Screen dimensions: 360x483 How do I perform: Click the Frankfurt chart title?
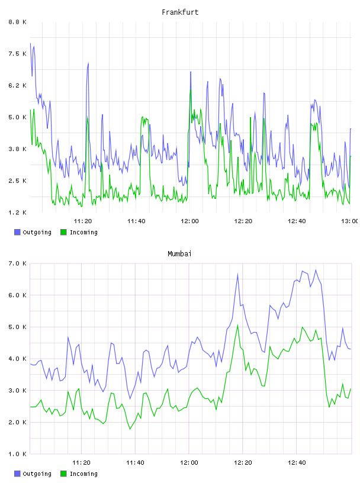(180, 12)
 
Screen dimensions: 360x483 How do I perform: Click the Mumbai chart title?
(179, 253)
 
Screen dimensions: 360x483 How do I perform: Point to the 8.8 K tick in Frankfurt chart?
(18, 22)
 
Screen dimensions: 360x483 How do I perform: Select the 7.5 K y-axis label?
(18, 54)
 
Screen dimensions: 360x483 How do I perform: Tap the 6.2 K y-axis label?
(18, 85)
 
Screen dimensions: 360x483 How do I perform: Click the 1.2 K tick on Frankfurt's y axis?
(18, 212)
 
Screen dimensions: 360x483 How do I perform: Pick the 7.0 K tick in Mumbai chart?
(18, 263)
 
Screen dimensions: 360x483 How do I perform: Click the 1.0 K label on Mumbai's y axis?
(18, 454)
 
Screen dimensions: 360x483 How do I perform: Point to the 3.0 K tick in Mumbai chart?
(18, 390)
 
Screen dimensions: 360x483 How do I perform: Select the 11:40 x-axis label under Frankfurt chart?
(136, 221)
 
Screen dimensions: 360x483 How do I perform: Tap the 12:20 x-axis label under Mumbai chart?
(243, 462)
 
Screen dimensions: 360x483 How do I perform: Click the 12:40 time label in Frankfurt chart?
(297, 221)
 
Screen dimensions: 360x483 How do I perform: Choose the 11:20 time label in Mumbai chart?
(81, 462)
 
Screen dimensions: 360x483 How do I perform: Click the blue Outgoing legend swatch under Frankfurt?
(17, 232)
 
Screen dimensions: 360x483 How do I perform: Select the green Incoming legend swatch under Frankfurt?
(63, 232)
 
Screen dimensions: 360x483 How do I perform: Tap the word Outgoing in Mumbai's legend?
(37, 474)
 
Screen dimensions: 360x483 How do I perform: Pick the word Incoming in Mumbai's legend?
(83, 474)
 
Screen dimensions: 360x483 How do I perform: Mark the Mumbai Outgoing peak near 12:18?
(237, 273)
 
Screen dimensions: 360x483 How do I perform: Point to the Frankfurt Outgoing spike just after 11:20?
(88, 63)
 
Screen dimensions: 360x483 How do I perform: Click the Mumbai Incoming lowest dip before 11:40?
(130, 429)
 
